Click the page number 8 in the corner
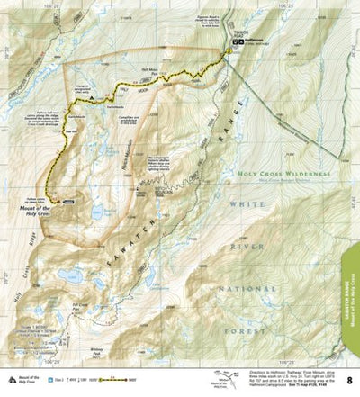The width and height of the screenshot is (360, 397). pos(349,381)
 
